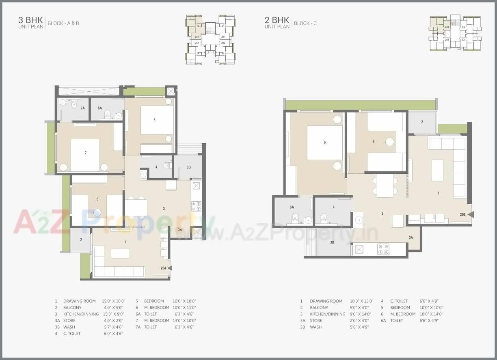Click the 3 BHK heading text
tap(30, 20)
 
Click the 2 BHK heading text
tap(277, 20)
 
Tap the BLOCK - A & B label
tap(63, 24)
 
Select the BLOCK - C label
tap(305, 24)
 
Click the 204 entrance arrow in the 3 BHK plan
tap(169, 268)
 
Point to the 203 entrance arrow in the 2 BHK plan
tap(470, 214)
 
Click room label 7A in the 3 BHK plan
tap(82, 108)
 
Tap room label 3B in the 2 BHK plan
tap(332, 242)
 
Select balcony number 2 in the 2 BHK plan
tap(422, 122)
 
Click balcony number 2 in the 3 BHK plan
tap(81, 240)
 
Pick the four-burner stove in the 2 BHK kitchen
tap(383, 249)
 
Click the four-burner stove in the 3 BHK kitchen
tap(196, 206)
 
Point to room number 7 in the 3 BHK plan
tap(85, 153)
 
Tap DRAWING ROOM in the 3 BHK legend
tap(79, 301)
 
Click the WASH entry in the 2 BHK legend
tap(315, 327)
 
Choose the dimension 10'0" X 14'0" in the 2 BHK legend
tap(431, 314)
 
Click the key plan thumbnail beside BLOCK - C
tap(455, 33)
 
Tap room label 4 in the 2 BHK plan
tap(333, 207)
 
